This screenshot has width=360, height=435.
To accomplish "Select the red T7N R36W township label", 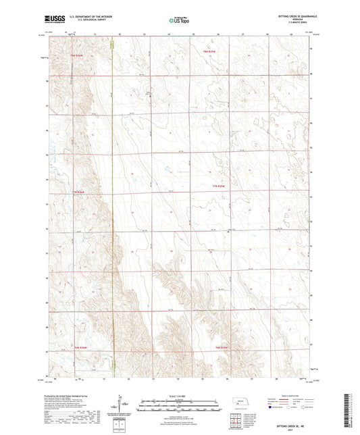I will pos(80,191).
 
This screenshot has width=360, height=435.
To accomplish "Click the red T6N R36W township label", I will pos(80,347).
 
